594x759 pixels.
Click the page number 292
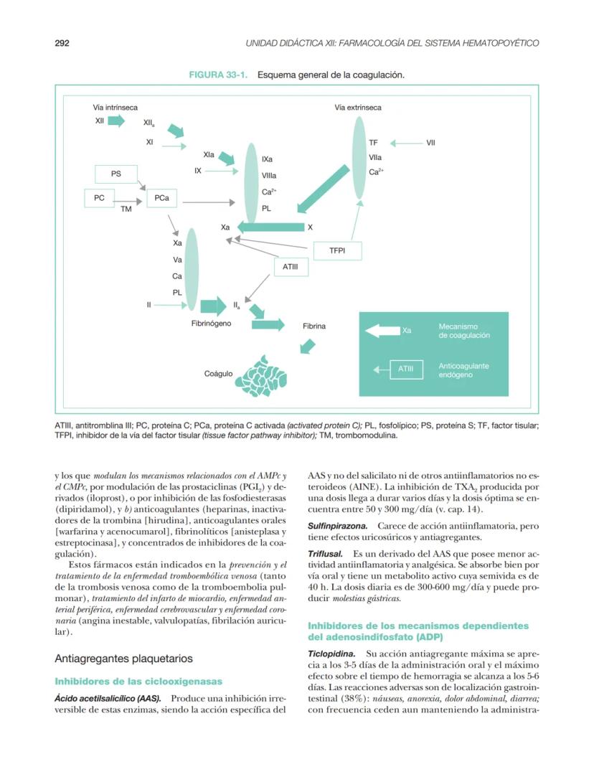click(62, 43)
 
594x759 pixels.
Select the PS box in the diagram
click(115, 174)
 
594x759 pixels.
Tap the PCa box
click(161, 199)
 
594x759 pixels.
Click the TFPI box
click(337, 251)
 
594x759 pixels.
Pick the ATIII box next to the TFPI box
click(291, 267)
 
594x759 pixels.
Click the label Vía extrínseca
click(358, 108)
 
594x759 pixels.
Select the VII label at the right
click(430, 143)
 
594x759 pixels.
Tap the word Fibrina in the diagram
click(314, 326)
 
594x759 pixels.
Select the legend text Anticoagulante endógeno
click(463, 370)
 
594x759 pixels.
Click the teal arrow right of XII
click(116, 121)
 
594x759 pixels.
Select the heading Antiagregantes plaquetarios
click(123, 658)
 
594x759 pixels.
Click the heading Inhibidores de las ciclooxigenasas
click(138, 681)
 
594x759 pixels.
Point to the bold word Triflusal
click(325, 555)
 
